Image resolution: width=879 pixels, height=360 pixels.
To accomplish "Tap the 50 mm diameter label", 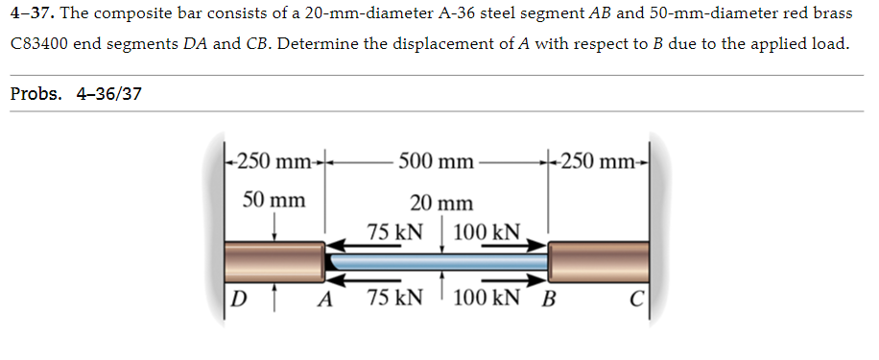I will pyautogui.click(x=273, y=201).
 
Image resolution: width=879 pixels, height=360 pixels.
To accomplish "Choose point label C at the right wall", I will pyautogui.click(x=636, y=297).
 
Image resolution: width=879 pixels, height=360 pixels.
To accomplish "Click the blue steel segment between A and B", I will pyautogui.click(x=438, y=260).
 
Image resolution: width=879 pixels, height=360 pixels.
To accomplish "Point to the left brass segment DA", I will pyautogui.click(x=274, y=259).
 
